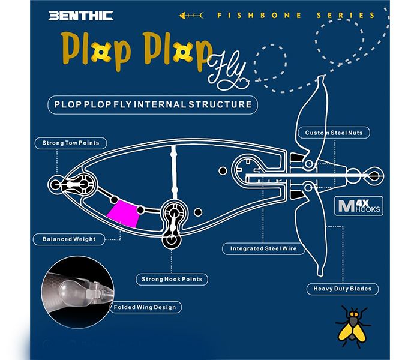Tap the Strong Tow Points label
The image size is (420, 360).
71,143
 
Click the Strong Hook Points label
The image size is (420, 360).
172,279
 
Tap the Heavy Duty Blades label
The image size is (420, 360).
343,289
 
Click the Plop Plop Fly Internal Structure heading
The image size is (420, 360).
152,104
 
